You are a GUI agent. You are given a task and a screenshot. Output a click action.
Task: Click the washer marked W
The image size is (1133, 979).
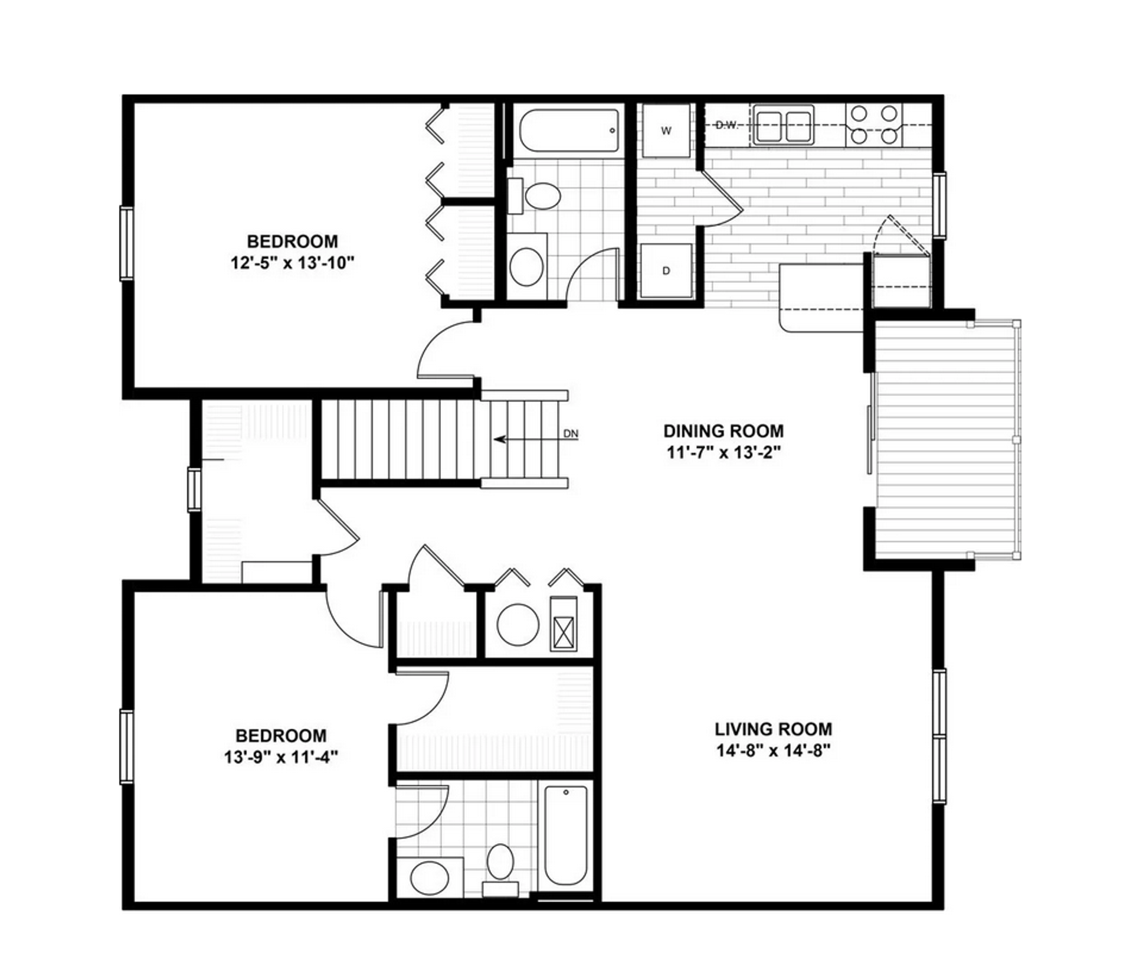point(666,130)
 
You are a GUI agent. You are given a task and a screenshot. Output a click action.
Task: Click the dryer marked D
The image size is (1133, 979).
point(666,270)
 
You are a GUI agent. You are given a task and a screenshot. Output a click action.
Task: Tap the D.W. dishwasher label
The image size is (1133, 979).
point(726,125)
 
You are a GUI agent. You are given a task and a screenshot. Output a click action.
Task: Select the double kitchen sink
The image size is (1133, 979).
point(782,125)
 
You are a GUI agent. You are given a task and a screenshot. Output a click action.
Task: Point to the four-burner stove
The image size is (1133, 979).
point(874,125)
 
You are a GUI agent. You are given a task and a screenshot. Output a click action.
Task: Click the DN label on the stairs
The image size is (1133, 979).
point(571,434)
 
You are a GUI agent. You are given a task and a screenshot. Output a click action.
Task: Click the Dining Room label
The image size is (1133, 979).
point(723,430)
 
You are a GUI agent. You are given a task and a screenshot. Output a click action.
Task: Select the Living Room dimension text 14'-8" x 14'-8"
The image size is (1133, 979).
point(773,751)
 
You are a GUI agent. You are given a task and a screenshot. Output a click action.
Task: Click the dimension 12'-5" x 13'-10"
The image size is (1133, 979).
point(292,263)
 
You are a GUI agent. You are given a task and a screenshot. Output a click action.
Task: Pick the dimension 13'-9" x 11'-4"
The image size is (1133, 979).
point(281,756)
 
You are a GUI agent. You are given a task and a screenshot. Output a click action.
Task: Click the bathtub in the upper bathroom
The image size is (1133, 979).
point(569,130)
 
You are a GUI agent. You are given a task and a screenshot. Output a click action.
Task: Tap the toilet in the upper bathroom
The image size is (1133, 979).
point(535,196)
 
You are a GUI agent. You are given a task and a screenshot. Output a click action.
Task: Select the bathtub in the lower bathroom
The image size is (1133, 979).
point(565,835)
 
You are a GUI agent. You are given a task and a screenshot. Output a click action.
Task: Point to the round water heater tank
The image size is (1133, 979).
point(518,624)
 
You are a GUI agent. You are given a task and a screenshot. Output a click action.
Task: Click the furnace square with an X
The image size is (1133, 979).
point(564,624)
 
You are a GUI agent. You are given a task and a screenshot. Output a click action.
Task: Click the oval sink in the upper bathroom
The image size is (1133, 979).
point(526,267)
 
